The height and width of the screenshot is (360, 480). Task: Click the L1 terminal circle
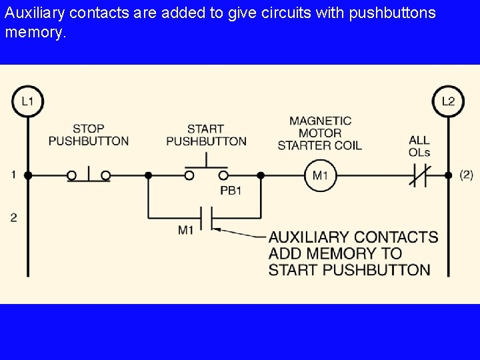coord(27,101)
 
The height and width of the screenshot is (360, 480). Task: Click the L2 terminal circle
coord(448,101)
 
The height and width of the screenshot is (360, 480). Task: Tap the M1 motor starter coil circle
coord(321,176)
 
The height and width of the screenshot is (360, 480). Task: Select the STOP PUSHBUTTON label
coord(89,135)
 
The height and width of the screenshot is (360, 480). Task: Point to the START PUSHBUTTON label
coord(206,135)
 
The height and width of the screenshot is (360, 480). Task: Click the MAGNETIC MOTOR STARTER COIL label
coord(320,133)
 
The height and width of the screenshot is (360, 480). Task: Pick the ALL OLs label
coord(419,146)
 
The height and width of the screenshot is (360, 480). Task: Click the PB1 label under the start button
coord(231,191)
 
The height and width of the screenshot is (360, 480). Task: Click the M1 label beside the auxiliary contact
coord(185,230)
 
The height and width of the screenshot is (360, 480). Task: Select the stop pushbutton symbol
coord(89,175)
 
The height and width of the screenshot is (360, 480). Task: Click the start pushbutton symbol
coord(206,172)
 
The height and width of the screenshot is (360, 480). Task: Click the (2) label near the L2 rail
coord(467,175)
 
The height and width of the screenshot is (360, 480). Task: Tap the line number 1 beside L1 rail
coord(13,175)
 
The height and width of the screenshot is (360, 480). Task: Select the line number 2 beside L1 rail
coord(13,217)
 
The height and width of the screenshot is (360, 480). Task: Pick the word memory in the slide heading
coord(33,32)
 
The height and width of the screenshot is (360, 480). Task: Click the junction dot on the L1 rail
coord(28,175)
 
